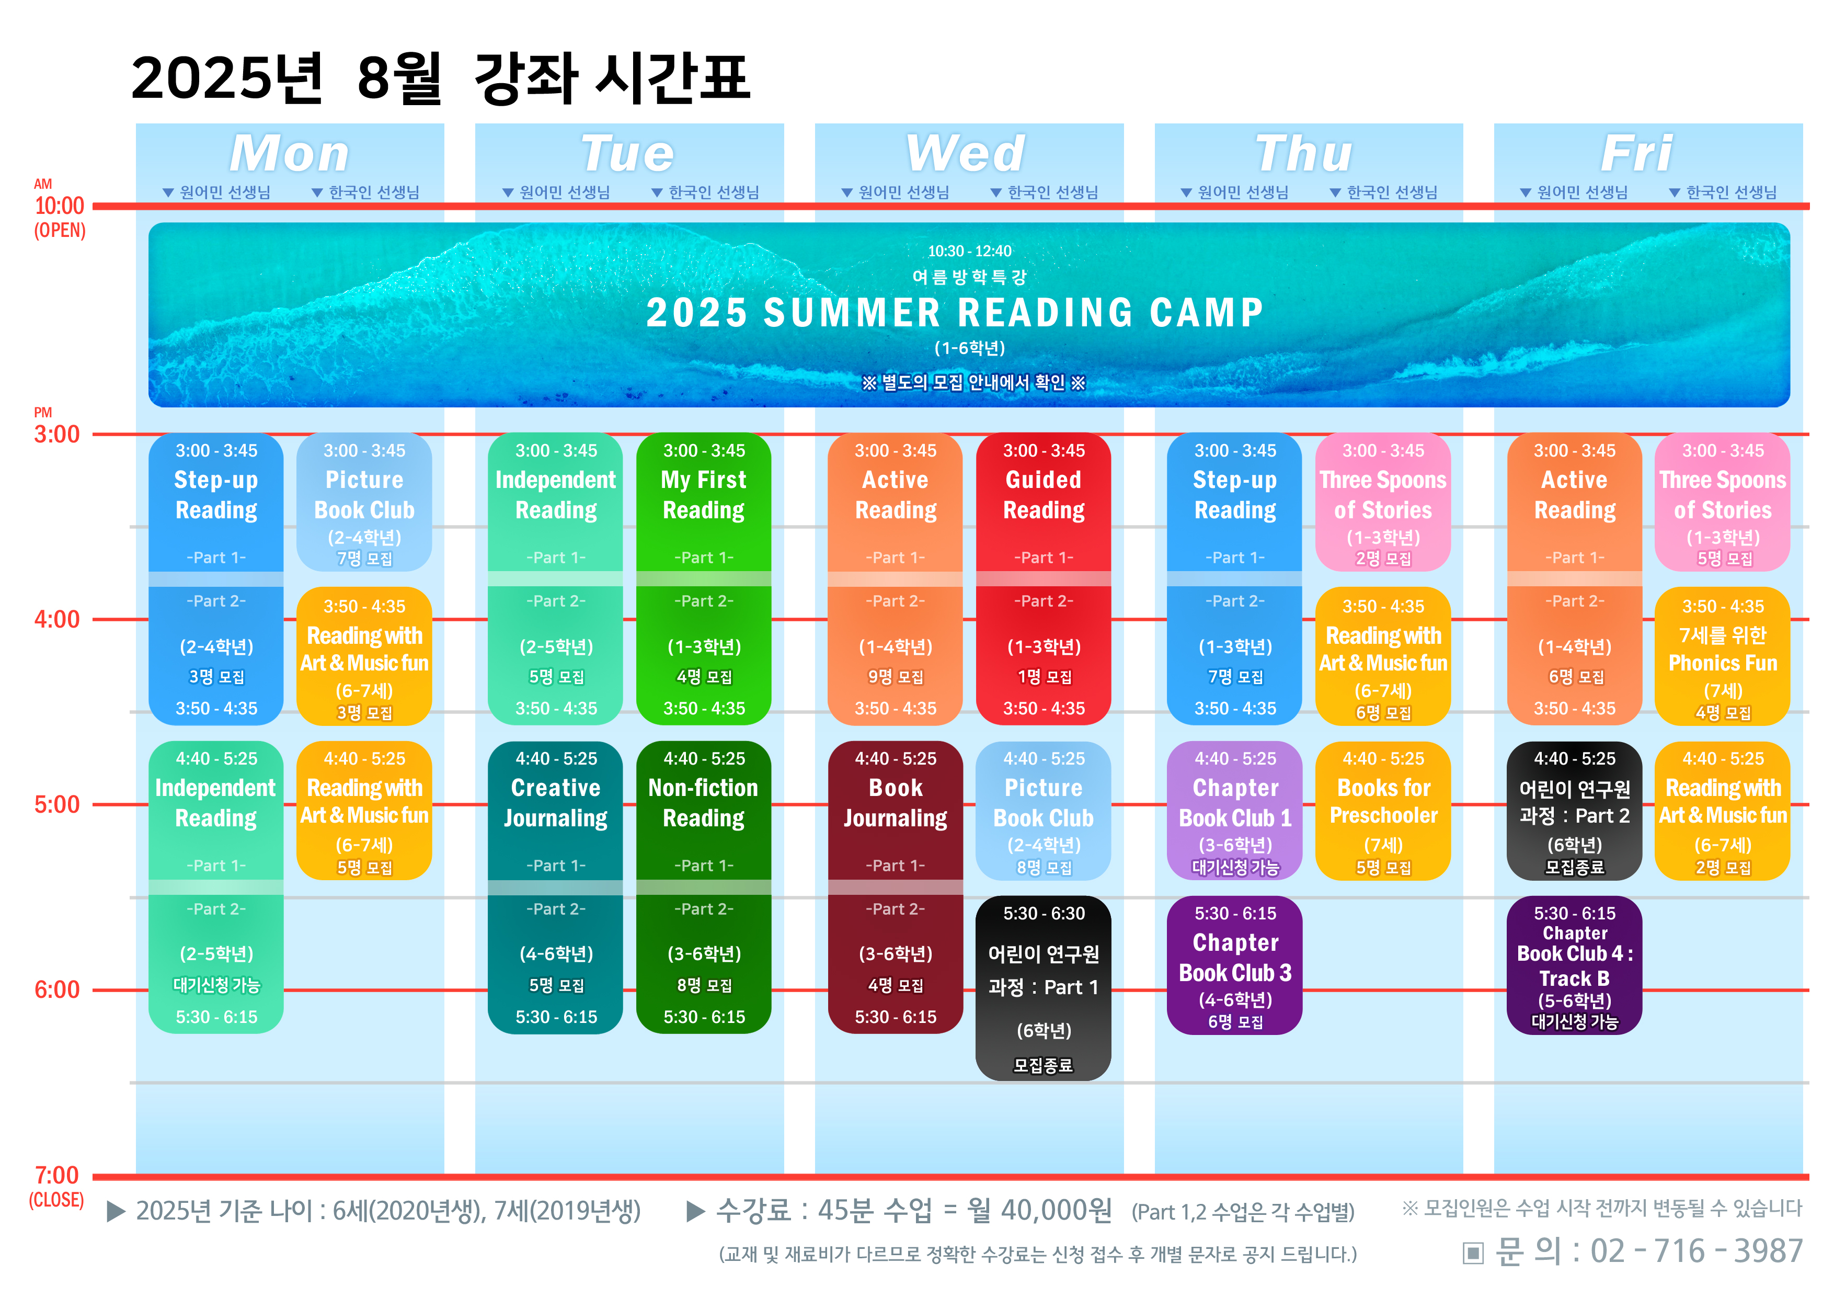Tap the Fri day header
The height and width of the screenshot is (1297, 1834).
1637,153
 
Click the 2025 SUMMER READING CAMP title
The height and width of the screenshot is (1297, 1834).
955,312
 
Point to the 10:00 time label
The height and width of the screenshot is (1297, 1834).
59,206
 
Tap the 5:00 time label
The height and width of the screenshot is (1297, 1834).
56,804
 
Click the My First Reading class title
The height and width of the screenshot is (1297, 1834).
704,495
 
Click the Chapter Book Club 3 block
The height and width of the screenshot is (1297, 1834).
1235,965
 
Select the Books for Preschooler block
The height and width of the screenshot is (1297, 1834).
1383,811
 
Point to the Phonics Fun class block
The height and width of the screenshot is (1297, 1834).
1723,656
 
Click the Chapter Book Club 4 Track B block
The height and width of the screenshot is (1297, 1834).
1574,965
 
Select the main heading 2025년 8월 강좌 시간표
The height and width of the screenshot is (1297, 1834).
440,78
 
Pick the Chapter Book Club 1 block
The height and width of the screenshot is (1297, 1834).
1235,811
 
